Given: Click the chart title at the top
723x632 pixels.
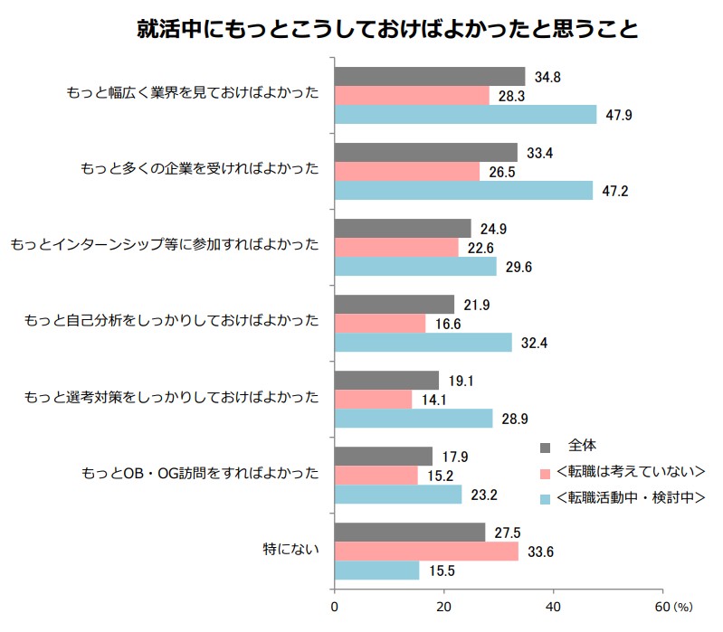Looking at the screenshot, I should click(x=387, y=30).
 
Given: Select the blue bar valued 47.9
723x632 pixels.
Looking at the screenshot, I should click(x=466, y=114).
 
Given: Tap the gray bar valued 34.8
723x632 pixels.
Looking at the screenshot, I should click(x=430, y=76).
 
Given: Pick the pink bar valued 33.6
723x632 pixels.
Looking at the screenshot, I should click(x=426, y=552).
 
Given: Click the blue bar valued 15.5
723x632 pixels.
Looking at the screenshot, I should click(x=377, y=571).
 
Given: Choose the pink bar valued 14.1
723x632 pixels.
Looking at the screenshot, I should click(x=374, y=399).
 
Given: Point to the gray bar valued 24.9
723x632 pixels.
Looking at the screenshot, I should click(x=403, y=228).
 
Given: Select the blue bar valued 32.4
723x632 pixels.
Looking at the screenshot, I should click(x=423, y=343).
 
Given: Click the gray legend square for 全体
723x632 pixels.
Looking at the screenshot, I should click(x=545, y=447).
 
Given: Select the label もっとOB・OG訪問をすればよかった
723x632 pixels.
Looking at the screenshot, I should click(x=200, y=473).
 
